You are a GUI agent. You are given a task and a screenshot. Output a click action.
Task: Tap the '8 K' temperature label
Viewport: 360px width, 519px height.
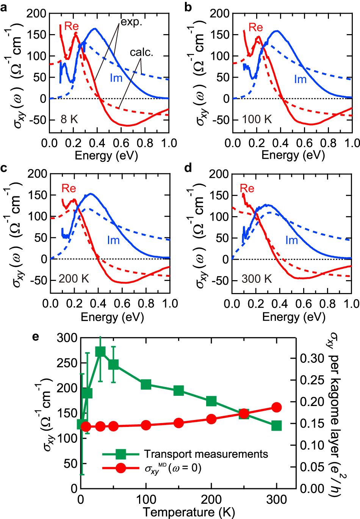coord(69,119)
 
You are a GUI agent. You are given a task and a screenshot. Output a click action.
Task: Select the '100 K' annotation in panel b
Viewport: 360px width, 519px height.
coord(257,119)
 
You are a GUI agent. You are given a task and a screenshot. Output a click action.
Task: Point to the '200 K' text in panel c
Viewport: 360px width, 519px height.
coord(74,279)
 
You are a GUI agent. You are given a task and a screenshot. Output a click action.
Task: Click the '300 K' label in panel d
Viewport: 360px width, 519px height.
coord(257,279)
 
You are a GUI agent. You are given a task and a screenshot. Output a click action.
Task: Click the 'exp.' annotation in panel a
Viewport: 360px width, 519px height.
coord(131,22)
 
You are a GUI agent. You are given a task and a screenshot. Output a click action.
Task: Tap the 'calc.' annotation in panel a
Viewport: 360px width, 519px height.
coord(141,52)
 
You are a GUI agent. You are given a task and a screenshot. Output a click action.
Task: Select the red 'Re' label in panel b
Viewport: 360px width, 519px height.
coord(255,27)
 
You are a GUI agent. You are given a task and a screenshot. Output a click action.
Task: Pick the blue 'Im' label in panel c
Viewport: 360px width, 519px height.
coord(113,240)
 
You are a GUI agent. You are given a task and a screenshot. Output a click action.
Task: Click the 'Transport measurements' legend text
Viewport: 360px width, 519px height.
coord(206,454)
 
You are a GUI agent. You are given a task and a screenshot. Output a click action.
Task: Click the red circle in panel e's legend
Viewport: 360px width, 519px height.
coord(121,468)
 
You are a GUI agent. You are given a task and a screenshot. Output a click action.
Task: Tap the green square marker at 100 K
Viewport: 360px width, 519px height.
coord(146,384)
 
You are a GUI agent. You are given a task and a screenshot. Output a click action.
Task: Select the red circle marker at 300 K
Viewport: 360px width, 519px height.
coord(277,408)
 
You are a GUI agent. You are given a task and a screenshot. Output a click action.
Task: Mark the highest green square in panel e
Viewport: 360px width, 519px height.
coord(100,351)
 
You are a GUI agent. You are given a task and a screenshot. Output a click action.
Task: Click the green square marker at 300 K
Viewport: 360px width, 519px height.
coord(277,425)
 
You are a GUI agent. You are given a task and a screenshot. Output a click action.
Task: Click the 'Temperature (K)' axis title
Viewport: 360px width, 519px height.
coord(189,512)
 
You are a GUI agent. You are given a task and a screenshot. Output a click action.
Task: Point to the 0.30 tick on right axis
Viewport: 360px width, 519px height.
coord(312,358)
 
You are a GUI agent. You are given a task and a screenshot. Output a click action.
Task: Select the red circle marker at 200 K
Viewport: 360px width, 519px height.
coord(211,419)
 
